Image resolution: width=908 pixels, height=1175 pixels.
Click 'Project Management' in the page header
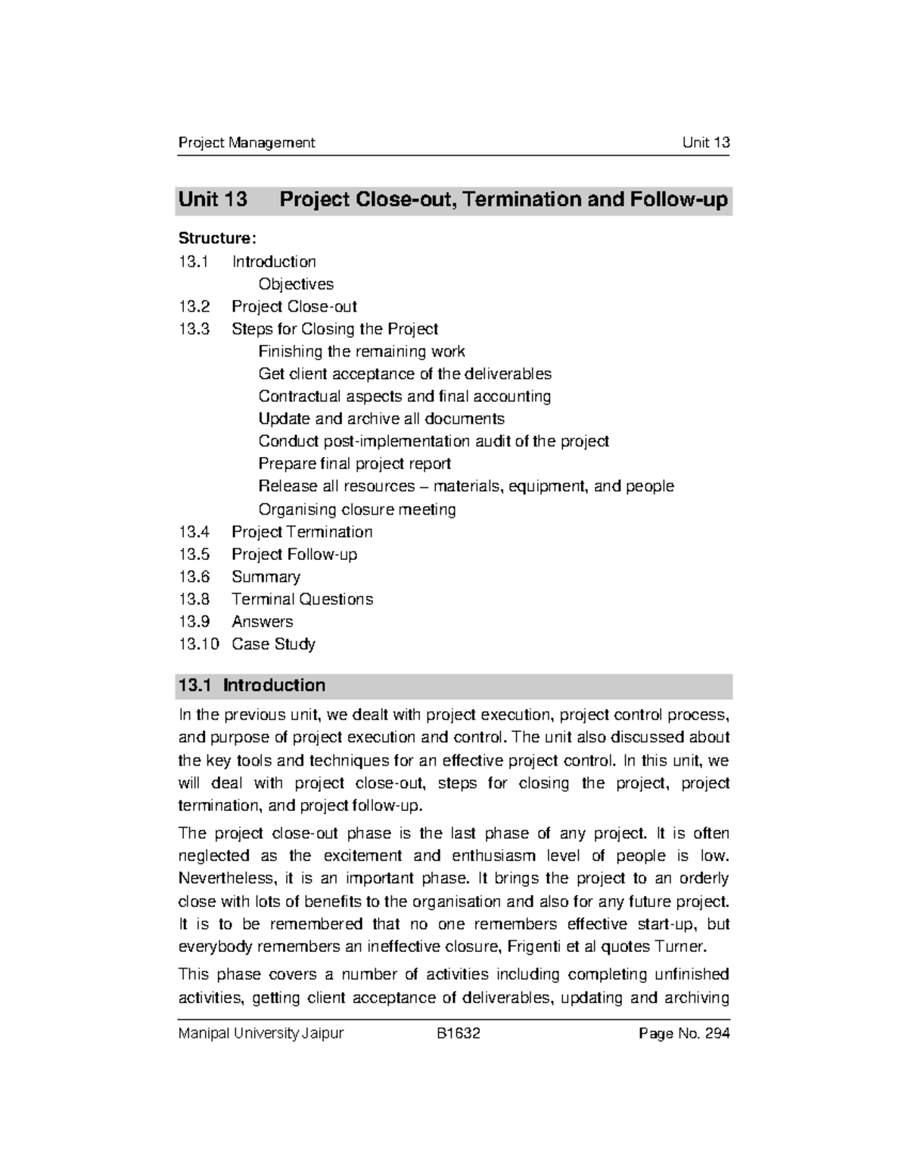coord(246,142)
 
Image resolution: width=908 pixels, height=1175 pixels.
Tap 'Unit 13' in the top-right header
coord(705,142)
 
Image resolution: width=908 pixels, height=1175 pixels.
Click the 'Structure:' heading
coord(217,238)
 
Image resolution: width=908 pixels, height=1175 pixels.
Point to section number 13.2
coord(194,306)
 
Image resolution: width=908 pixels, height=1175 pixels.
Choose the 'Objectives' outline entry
coord(296,284)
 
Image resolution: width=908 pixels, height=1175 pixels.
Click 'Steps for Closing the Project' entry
coord(334,329)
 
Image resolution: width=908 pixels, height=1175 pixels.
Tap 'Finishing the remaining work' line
coord(361,351)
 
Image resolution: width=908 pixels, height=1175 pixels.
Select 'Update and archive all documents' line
coord(381,418)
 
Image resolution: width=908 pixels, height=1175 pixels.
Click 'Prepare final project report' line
coord(354,464)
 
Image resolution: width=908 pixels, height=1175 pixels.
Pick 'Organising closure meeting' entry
coord(356,509)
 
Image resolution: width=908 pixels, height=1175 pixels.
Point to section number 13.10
coord(198,644)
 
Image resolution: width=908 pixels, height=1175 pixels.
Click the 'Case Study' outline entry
coord(273,644)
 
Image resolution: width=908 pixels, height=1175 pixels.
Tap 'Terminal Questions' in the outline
coord(302,599)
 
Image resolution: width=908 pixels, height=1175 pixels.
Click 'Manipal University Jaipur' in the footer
coord(260,1034)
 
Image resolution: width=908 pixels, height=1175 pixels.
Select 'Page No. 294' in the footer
coord(684,1034)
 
